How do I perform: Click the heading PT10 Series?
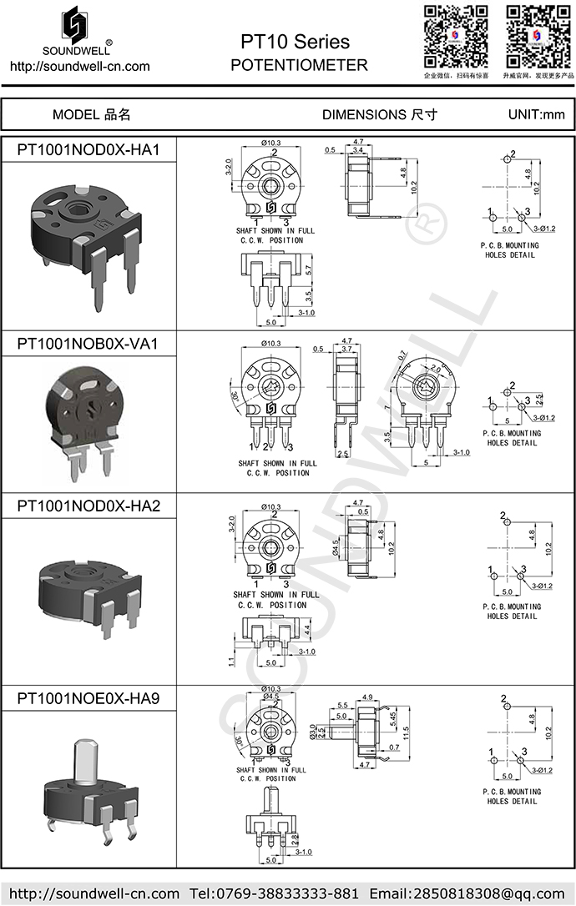pos(295,42)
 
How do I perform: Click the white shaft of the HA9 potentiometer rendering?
pos(85,762)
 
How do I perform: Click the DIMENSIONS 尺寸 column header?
pos(379,114)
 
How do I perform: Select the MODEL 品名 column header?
pos(91,114)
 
